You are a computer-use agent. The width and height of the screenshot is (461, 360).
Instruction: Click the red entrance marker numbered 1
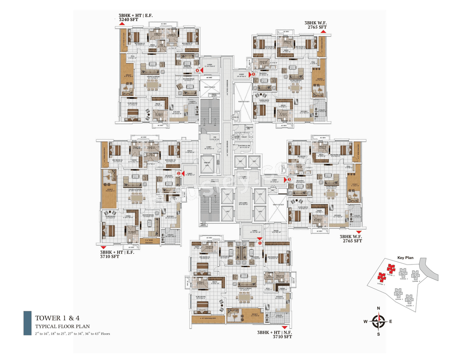click(260, 243)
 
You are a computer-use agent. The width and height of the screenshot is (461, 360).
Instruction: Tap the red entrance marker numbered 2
click(179, 173)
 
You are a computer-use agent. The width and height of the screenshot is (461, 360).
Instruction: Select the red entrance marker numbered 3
click(289, 179)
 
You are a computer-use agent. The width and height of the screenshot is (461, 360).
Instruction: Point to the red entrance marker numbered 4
click(197, 71)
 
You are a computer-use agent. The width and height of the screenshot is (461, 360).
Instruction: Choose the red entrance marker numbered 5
click(253, 74)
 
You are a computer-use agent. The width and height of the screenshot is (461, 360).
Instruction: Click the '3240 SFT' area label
click(129, 20)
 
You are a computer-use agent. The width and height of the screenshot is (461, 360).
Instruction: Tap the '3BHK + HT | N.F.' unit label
click(274, 332)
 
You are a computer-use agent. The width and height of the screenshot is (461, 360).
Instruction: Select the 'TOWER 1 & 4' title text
click(57, 318)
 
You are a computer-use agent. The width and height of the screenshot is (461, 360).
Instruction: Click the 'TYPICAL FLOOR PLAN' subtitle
click(62, 326)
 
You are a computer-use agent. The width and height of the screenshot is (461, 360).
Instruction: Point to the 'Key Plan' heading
click(405, 258)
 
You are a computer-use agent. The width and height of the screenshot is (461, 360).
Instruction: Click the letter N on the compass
click(378, 308)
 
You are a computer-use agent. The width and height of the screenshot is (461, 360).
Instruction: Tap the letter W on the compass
click(365, 321)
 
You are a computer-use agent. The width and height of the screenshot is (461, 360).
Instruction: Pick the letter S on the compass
click(378, 334)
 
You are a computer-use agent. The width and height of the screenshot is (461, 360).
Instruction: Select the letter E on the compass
click(391, 321)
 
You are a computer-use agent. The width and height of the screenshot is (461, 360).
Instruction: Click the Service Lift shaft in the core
click(207, 164)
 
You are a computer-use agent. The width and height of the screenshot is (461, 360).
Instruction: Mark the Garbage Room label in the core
click(249, 128)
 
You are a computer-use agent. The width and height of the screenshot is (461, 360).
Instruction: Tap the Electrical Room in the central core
click(244, 147)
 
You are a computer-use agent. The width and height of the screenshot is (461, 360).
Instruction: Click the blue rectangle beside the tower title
click(27, 323)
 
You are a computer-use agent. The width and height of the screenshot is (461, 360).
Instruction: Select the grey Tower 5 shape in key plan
click(409, 299)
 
